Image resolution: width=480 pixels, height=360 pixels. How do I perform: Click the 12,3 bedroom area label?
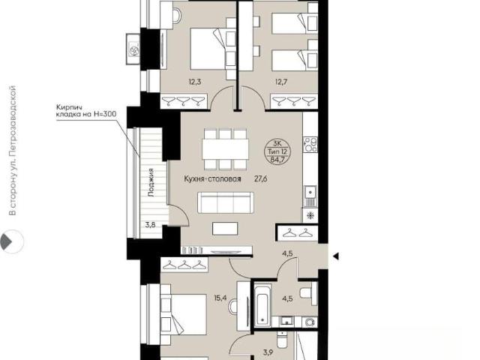tap(195, 82)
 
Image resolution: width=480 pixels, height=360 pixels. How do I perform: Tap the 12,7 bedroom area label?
tap(281, 82)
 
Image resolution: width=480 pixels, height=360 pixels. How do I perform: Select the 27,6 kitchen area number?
tap(260, 178)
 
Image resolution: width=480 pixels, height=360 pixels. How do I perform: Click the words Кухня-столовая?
tap(212, 178)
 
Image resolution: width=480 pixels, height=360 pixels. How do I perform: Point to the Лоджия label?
tap(150, 182)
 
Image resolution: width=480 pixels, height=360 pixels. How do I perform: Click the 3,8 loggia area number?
tap(150, 225)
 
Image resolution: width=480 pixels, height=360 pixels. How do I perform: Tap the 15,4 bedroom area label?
tap(220, 297)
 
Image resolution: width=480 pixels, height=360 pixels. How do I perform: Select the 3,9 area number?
tap(268, 353)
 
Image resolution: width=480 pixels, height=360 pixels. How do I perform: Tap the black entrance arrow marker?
tap(336, 256)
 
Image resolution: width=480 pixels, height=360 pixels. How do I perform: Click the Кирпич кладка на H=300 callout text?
tap(86, 111)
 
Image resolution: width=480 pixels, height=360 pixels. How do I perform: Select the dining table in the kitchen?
tap(225, 149)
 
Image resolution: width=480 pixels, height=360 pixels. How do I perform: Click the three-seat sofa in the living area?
tap(226, 202)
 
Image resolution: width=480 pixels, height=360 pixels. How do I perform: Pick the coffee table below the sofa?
tap(225, 229)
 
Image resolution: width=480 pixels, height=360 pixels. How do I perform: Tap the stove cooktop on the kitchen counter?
tap(310, 145)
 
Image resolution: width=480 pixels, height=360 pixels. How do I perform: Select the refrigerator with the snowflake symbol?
tap(310, 216)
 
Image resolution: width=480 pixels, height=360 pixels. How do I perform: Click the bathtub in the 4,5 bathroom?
tap(262, 305)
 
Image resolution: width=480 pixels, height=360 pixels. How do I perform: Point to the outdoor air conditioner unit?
tap(133, 49)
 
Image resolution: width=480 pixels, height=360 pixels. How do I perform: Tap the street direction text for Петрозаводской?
tap(13, 151)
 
